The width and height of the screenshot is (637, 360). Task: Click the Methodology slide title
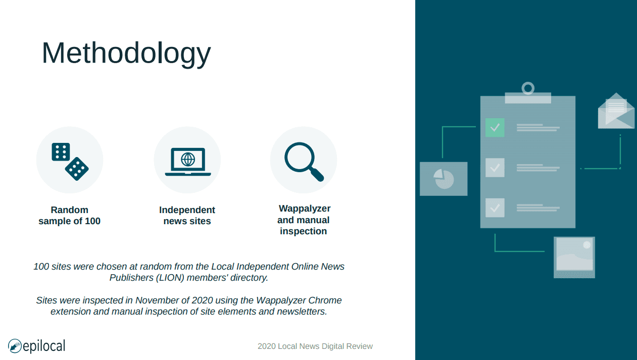(x=126, y=54)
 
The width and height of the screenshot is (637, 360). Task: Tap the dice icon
(x=70, y=162)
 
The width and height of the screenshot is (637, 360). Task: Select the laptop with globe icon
(x=188, y=162)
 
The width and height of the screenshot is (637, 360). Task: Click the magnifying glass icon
(x=304, y=162)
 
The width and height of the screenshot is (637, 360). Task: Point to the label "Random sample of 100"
(x=69, y=216)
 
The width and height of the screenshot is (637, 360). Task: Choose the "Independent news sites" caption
(x=187, y=216)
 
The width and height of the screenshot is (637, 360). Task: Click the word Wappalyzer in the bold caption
(x=305, y=209)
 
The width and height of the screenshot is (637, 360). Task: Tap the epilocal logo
(x=37, y=346)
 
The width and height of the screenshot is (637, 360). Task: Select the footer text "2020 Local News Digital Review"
(x=315, y=346)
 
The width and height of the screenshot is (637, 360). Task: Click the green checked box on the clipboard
(x=495, y=128)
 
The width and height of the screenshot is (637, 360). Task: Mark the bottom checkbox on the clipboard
(x=495, y=208)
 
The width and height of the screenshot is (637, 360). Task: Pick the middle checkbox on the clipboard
(x=495, y=168)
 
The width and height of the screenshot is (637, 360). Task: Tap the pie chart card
(x=444, y=179)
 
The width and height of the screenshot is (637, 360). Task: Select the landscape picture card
(x=574, y=258)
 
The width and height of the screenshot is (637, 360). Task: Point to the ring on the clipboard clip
(x=528, y=88)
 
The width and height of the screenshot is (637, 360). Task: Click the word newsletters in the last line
(x=302, y=312)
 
